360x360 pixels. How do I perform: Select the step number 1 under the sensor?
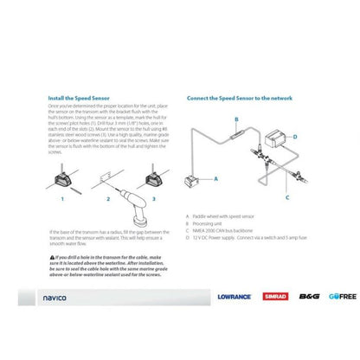pyautogui.click(x=62, y=198)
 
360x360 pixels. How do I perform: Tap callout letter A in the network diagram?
pyautogui.click(x=215, y=177)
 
